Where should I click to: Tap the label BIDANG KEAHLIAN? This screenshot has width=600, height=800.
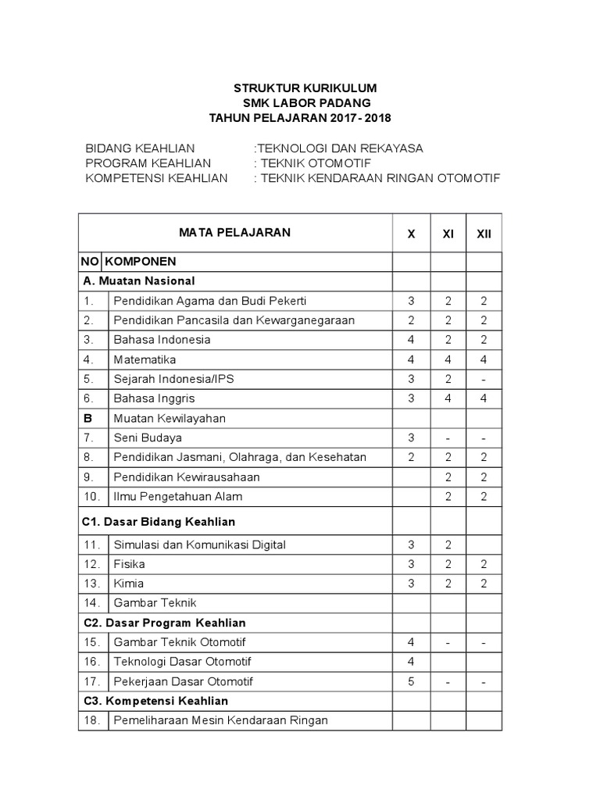(x=140, y=148)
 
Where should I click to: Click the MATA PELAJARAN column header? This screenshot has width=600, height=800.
(x=234, y=232)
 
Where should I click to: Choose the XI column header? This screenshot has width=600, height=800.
(x=448, y=234)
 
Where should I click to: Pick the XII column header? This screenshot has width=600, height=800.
(x=484, y=234)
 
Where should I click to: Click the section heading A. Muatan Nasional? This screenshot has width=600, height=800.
(x=138, y=280)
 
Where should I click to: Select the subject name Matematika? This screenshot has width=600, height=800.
(x=145, y=359)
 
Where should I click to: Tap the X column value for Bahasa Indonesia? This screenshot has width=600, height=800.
(x=411, y=340)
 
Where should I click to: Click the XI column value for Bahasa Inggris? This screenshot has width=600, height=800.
(x=448, y=398)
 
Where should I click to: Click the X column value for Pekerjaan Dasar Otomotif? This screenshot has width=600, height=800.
(x=411, y=681)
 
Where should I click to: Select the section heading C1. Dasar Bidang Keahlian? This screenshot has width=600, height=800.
(x=159, y=521)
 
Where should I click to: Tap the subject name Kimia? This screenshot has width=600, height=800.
(x=129, y=583)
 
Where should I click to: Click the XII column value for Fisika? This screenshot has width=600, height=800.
(x=484, y=563)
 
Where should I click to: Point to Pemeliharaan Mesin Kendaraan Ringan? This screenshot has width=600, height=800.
(x=220, y=720)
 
